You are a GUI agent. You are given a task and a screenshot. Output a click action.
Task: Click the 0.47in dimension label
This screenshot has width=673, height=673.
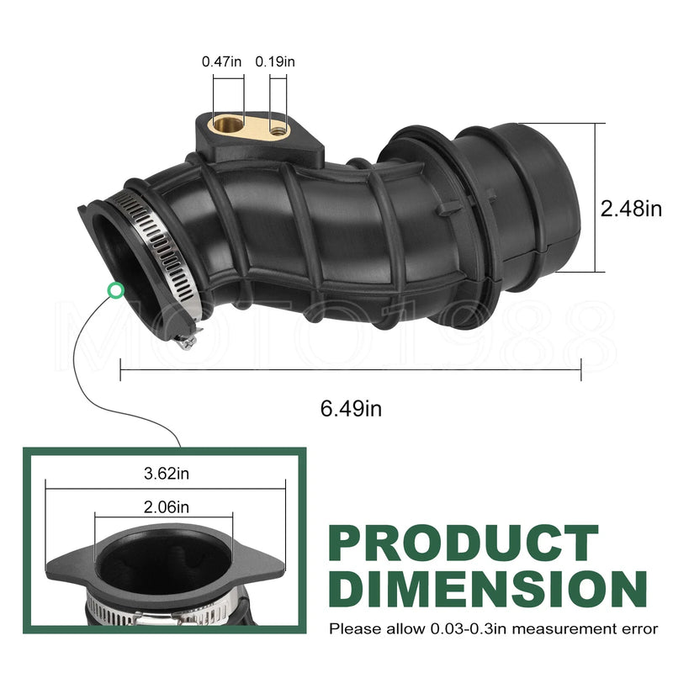tap(221, 61)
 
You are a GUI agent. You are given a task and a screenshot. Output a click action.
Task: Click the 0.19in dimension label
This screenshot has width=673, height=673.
tap(275, 61)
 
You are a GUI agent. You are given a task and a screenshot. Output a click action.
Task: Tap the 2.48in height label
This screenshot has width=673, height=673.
tap(631, 209)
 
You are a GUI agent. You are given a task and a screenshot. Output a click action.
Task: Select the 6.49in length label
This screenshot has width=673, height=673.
tap(351, 408)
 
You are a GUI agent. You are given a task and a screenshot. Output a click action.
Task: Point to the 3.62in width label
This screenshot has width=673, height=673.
tap(167, 474)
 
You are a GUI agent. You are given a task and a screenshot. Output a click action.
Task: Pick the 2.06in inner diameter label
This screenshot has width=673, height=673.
tap(167, 507)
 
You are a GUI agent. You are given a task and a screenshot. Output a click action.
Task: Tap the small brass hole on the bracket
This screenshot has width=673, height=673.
tap(277, 130)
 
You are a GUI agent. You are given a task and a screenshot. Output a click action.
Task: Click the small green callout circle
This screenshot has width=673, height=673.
tap(115, 290)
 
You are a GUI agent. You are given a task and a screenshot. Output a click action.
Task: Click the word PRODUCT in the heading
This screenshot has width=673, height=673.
tap(464, 543)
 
